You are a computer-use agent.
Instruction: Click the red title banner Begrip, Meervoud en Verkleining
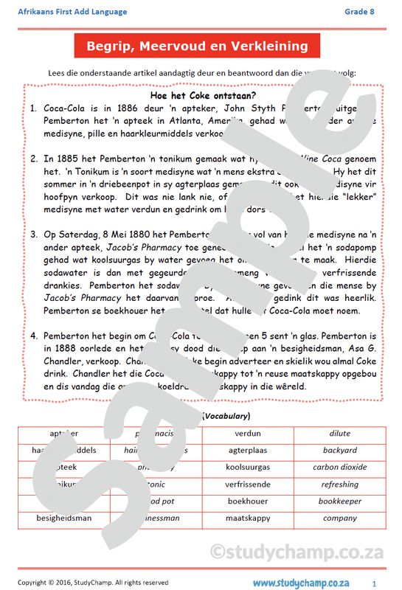(x=197, y=46)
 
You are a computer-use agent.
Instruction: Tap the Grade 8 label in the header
(x=359, y=12)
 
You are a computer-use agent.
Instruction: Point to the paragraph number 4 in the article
(x=34, y=336)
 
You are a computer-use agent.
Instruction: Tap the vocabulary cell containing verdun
(x=248, y=434)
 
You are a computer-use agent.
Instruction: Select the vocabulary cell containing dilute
(x=339, y=434)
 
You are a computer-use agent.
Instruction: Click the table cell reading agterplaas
(x=248, y=451)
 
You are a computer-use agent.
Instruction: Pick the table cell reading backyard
(x=339, y=451)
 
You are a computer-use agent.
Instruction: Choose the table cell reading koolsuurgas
(x=248, y=468)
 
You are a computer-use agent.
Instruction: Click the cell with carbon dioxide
(x=339, y=468)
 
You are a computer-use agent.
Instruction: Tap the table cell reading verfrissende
(x=248, y=485)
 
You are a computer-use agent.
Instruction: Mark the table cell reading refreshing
(x=339, y=485)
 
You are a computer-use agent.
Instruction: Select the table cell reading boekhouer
(x=248, y=502)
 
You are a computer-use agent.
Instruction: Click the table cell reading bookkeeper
(x=339, y=502)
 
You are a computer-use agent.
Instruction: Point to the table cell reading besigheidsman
(x=64, y=518)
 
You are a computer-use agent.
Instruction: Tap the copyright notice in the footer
(x=93, y=583)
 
